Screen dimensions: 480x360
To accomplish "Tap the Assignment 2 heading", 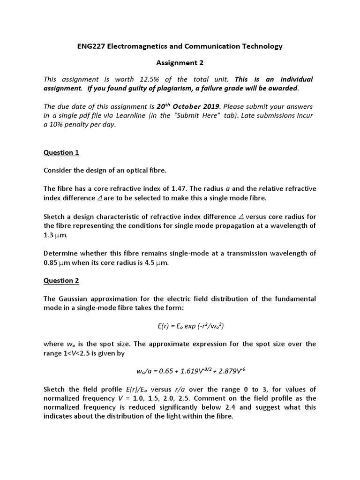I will (180, 62).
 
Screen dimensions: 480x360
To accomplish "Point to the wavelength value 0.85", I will (50, 262).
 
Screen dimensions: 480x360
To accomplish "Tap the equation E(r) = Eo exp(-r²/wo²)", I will (180, 326).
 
